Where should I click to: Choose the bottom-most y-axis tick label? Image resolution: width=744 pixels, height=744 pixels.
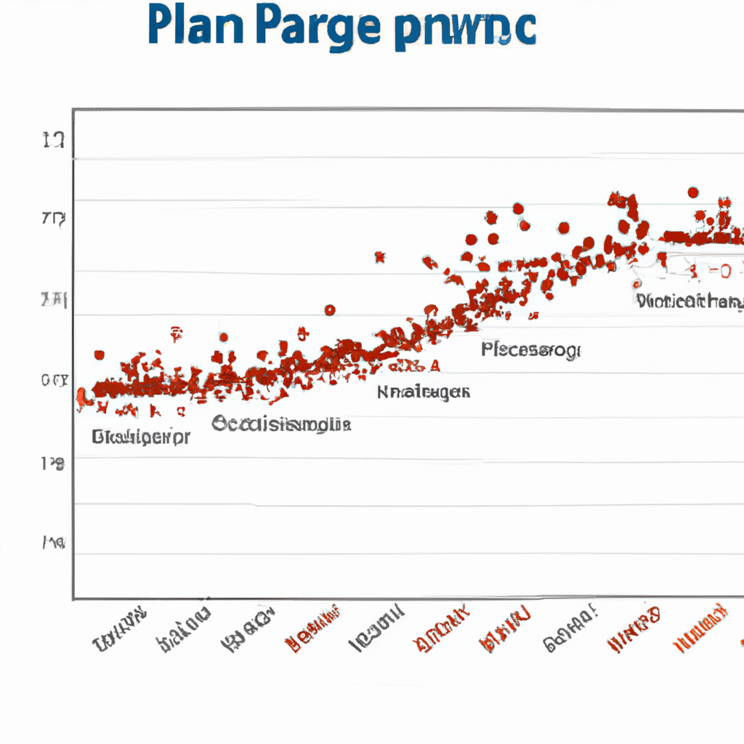[x=54, y=542]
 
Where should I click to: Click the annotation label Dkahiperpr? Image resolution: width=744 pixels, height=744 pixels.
[x=141, y=437]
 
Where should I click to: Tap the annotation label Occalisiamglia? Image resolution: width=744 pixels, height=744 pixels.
[x=281, y=425]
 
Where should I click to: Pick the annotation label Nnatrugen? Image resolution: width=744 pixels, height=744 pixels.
[x=423, y=393]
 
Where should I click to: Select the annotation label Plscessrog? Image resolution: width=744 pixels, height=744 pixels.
[x=530, y=351]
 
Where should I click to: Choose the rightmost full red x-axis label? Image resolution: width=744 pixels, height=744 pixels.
[x=702, y=628]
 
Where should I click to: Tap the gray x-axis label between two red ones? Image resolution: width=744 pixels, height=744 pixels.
[x=571, y=629]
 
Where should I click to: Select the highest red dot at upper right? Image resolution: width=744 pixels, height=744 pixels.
[x=693, y=193]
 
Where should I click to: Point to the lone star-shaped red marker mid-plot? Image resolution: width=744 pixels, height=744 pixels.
[x=379, y=256]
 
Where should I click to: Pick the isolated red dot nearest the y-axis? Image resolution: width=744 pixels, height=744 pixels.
[x=99, y=355]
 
